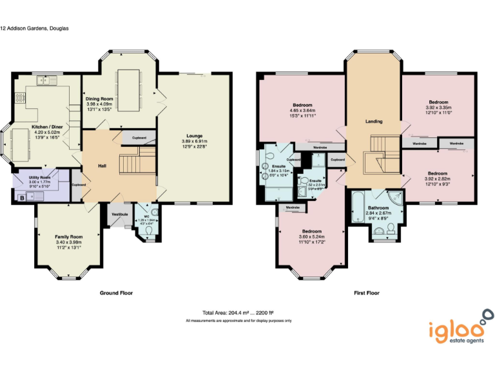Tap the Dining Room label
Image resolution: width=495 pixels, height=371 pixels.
pyautogui.click(x=99, y=99)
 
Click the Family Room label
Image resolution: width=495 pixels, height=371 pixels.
pyautogui.click(x=68, y=237)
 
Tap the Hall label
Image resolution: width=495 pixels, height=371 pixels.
pyautogui.click(x=102, y=166)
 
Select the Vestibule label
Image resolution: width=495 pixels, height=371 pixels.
pyautogui.click(x=120, y=213)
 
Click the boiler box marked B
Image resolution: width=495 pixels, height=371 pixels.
pyautogui.click(x=22, y=198)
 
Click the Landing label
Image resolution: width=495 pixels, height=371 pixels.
pyautogui.click(x=374, y=121)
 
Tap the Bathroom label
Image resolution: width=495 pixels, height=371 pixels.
pyautogui.click(x=378, y=208)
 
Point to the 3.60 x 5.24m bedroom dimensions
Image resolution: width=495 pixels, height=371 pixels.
pyautogui.click(x=311, y=236)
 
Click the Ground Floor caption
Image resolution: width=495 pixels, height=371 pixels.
pyautogui.click(x=116, y=292)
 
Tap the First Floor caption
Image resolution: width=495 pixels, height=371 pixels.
pyautogui.click(x=367, y=292)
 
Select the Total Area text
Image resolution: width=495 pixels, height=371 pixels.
pyautogui.click(x=238, y=312)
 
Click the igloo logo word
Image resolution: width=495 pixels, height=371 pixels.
pyautogui.click(x=453, y=330)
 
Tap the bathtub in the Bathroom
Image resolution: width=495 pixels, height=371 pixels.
pyautogui.click(x=357, y=207)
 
